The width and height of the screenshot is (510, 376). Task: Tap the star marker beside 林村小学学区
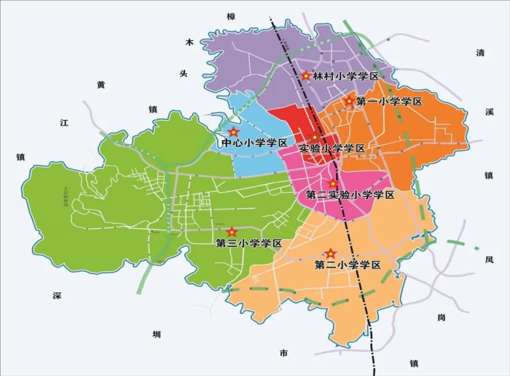click(306, 75)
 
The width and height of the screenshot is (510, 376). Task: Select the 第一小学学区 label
click(389, 101)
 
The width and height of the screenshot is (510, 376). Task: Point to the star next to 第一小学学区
click(349, 100)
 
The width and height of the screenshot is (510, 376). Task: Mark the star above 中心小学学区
click(233, 133)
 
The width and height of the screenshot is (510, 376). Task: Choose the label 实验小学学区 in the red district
click(332, 149)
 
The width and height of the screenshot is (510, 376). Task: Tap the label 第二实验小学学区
click(350, 194)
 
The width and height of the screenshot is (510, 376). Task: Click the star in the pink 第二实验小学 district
click(333, 184)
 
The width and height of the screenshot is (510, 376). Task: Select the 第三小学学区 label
click(248, 243)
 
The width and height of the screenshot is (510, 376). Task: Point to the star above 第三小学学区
click(232, 232)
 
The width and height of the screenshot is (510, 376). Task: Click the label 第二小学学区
click(348, 265)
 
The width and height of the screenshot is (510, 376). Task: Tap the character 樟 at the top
click(230, 17)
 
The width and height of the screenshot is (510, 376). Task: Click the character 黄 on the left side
click(101, 85)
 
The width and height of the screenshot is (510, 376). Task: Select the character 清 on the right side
click(480, 53)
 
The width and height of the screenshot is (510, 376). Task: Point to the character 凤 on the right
click(489, 259)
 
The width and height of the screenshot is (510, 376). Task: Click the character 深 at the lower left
click(57, 296)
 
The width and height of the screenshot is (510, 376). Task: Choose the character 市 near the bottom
click(283, 353)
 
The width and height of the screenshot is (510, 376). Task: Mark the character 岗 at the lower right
click(441, 318)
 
